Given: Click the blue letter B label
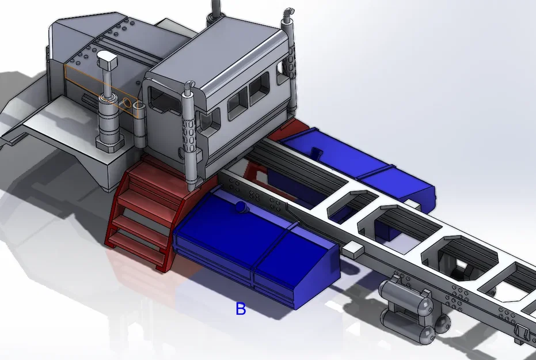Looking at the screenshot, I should pos(241,309).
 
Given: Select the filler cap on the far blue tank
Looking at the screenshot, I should pos(315,153).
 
